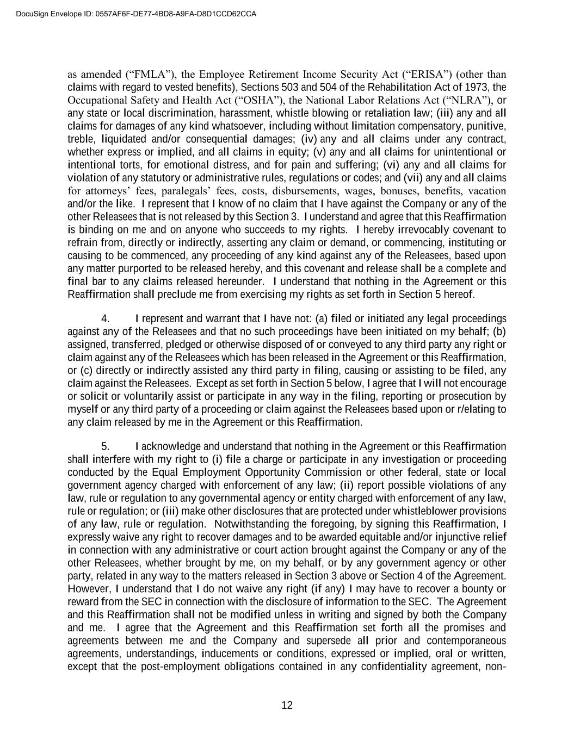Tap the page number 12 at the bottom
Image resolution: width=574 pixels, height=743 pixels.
click(287, 705)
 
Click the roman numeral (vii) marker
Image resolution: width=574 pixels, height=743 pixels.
click(413, 178)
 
